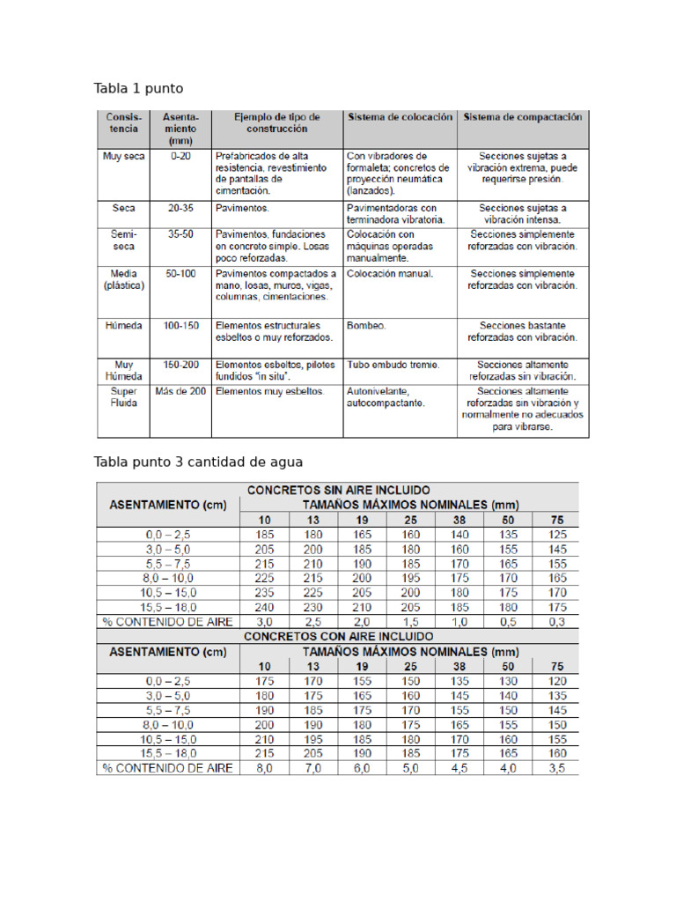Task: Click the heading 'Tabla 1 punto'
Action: [138, 89]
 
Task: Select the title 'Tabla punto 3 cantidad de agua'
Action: [198, 462]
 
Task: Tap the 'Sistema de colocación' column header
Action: [400, 116]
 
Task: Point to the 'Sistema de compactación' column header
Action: [522, 116]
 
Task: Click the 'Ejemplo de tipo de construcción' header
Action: [276, 122]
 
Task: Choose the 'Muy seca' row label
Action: [123, 156]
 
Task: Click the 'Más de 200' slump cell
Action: [180, 390]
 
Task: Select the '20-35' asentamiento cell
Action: [180, 208]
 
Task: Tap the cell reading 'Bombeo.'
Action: [366, 325]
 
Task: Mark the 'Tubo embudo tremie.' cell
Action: [393, 364]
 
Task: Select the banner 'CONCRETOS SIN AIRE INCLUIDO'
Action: [339, 490]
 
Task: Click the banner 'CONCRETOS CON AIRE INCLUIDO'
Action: [339, 635]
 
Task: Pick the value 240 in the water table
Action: [264, 607]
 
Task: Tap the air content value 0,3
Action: [557, 621]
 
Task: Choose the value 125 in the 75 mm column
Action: [557, 534]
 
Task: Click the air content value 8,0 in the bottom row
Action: [264, 767]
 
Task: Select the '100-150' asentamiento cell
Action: [180, 325]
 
